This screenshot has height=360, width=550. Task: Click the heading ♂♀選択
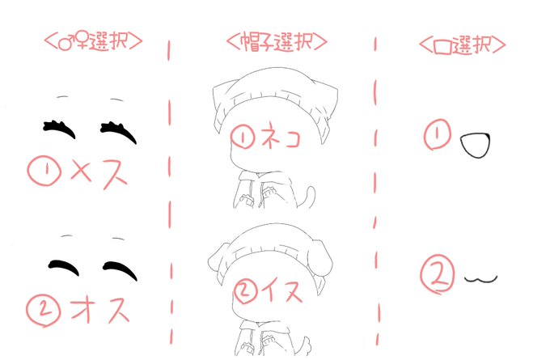[x=93, y=41]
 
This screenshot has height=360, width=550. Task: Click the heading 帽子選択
[x=277, y=42]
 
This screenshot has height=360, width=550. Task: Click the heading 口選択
[x=463, y=44]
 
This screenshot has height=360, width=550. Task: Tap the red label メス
[x=99, y=173]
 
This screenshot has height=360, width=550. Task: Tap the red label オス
[x=100, y=309]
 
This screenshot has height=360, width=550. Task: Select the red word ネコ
[x=281, y=136]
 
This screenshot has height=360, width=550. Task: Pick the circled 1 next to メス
[x=44, y=171]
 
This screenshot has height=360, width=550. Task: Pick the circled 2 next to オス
[x=43, y=311]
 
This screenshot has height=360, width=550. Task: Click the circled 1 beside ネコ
[x=243, y=136]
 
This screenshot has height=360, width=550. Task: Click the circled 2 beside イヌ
[x=245, y=290]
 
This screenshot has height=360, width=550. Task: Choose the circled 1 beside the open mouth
[x=438, y=134]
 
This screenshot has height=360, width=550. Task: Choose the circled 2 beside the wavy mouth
[x=437, y=273]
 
